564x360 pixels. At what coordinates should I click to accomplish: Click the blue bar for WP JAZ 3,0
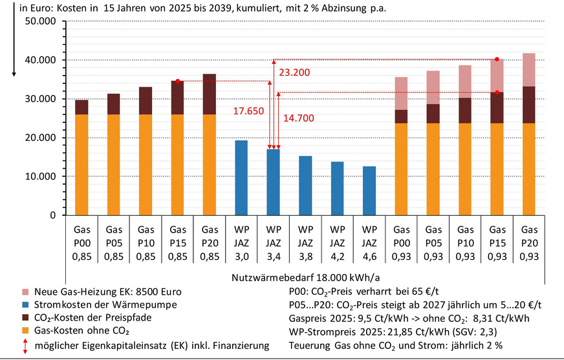point(241,178)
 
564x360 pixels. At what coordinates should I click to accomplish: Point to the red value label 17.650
point(248,111)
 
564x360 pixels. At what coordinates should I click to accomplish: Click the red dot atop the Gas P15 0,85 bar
point(177,81)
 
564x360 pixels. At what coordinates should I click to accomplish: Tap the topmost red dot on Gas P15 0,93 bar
point(497,59)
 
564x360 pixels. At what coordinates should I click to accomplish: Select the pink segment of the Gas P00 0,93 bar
point(401,93)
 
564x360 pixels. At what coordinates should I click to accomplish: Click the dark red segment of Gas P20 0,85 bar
point(210,94)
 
